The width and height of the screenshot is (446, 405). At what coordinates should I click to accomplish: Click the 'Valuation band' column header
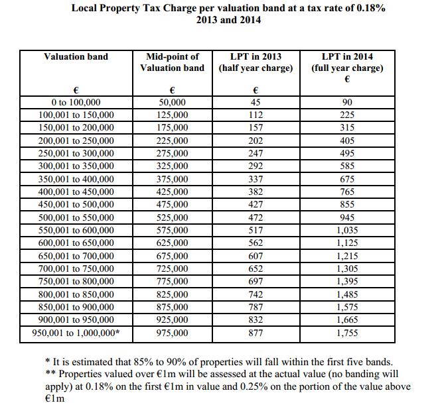point(76,56)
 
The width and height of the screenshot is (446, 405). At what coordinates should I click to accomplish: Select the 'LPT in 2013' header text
point(256,56)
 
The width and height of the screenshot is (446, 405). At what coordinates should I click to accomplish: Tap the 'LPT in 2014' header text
point(347,56)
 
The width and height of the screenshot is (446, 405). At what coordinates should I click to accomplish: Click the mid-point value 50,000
point(172,102)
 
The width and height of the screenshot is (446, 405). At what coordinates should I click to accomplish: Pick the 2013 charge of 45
point(256,102)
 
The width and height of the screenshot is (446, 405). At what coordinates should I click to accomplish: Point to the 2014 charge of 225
point(347,115)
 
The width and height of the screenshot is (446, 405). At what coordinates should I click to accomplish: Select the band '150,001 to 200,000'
point(76,127)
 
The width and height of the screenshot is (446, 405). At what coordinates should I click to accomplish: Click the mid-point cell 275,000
point(172,153)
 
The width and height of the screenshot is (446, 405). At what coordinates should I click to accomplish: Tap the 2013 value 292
point(256,166)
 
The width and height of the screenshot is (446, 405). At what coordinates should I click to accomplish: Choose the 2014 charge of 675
point(347,179)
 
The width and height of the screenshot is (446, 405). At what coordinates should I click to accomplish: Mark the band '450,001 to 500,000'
point(76,204)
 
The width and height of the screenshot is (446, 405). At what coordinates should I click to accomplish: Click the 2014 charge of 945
point(347,217)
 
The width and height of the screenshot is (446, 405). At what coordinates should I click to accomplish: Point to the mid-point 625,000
point(172,243)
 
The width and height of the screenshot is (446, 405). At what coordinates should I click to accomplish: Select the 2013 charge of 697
point(256,281)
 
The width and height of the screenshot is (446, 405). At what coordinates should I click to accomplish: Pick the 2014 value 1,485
point(347,294)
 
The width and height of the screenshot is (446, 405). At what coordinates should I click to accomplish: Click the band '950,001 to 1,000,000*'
point(76,333)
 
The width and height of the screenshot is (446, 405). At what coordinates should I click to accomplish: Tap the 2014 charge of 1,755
point(347,333)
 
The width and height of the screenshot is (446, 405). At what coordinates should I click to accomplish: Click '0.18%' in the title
point(371,8)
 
